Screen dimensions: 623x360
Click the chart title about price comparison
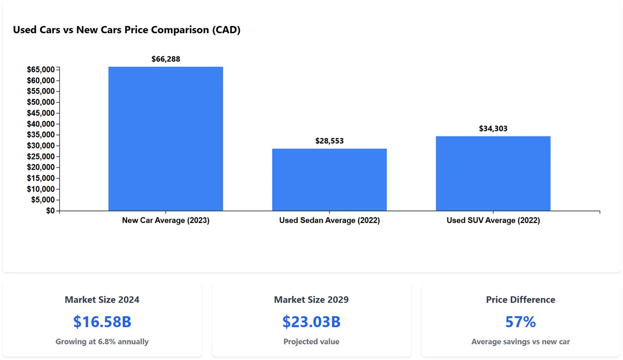tap(126, 30)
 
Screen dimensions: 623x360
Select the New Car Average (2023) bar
tap(166, 139)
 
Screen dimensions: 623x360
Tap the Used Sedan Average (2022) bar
tap(329, 180)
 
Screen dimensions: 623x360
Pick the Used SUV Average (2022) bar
tap(493, 174)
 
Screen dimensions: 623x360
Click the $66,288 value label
tap(166, 59)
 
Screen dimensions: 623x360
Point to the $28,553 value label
tap(329, 141)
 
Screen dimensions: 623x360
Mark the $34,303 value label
tap(493, 128)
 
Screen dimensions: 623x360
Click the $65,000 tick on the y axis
tap(41, 69)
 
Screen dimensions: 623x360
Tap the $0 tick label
tap(50, 211)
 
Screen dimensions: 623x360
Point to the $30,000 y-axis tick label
tap(41, 146)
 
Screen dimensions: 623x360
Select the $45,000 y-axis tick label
tap(41, 113)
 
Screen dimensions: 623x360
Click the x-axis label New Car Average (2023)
tap(166, 221)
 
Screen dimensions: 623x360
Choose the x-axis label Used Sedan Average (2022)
tap(329, 221)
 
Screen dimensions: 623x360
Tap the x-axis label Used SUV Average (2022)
tap(493, 221)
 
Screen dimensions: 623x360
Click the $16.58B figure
tap(102, 322)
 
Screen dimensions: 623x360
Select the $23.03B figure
tap(311, 322)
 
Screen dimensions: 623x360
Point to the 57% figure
tap(520, 322)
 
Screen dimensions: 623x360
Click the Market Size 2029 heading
tap(311, 300)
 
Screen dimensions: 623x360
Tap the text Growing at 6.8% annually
tap(102, 342)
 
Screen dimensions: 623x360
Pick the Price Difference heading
tap(520, 300)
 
